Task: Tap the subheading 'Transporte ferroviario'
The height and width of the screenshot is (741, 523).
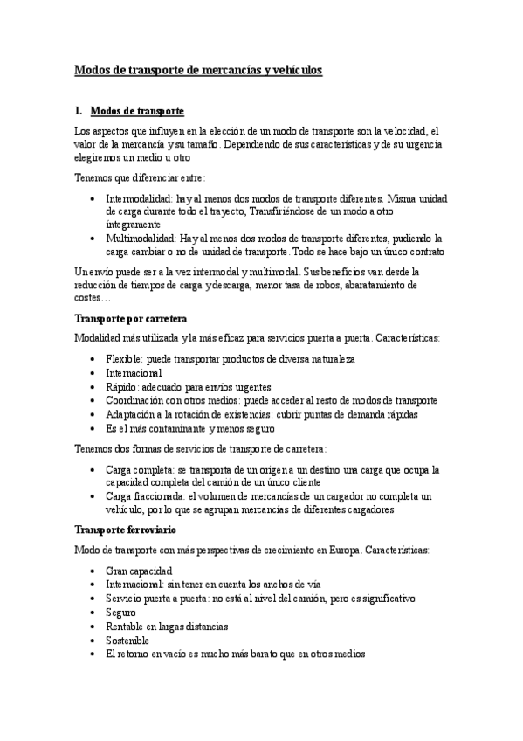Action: click(x=126, y=530)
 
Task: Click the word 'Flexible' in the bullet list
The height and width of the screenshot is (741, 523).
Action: click(x=123, y=359)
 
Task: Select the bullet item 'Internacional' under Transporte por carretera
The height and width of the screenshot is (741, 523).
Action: click(x=134, y=372)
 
